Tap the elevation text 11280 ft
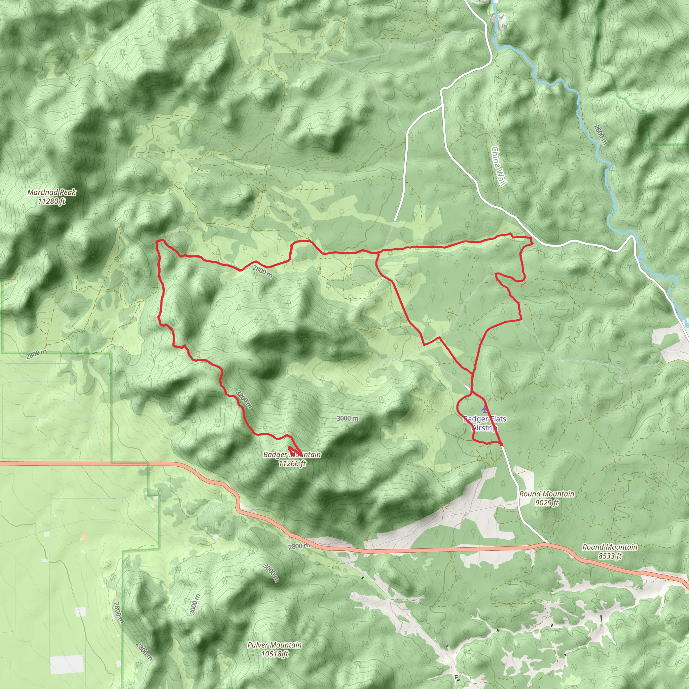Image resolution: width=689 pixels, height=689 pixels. [x=52, y=202]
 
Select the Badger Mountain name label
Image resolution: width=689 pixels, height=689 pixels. [x=292, y=455]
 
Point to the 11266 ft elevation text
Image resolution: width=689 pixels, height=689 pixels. [x=292, y=464]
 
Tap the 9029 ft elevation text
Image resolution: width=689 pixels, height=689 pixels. [x=547, y=503]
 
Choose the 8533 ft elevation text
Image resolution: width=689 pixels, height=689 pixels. [x=610, y=556]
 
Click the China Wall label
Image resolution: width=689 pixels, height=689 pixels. [x=499, y=166]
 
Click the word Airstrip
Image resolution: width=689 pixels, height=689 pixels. [x=485, y=428]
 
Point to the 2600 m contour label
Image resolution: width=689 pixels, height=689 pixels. [x=600, y=135]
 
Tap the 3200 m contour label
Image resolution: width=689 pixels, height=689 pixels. [x=244, y=399]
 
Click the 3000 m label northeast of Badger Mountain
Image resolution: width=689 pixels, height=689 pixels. [x=347, y=418]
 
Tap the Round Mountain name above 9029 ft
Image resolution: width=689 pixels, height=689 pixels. [x=547, y=494]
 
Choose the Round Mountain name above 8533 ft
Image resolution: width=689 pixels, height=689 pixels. [x=610, y=547]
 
